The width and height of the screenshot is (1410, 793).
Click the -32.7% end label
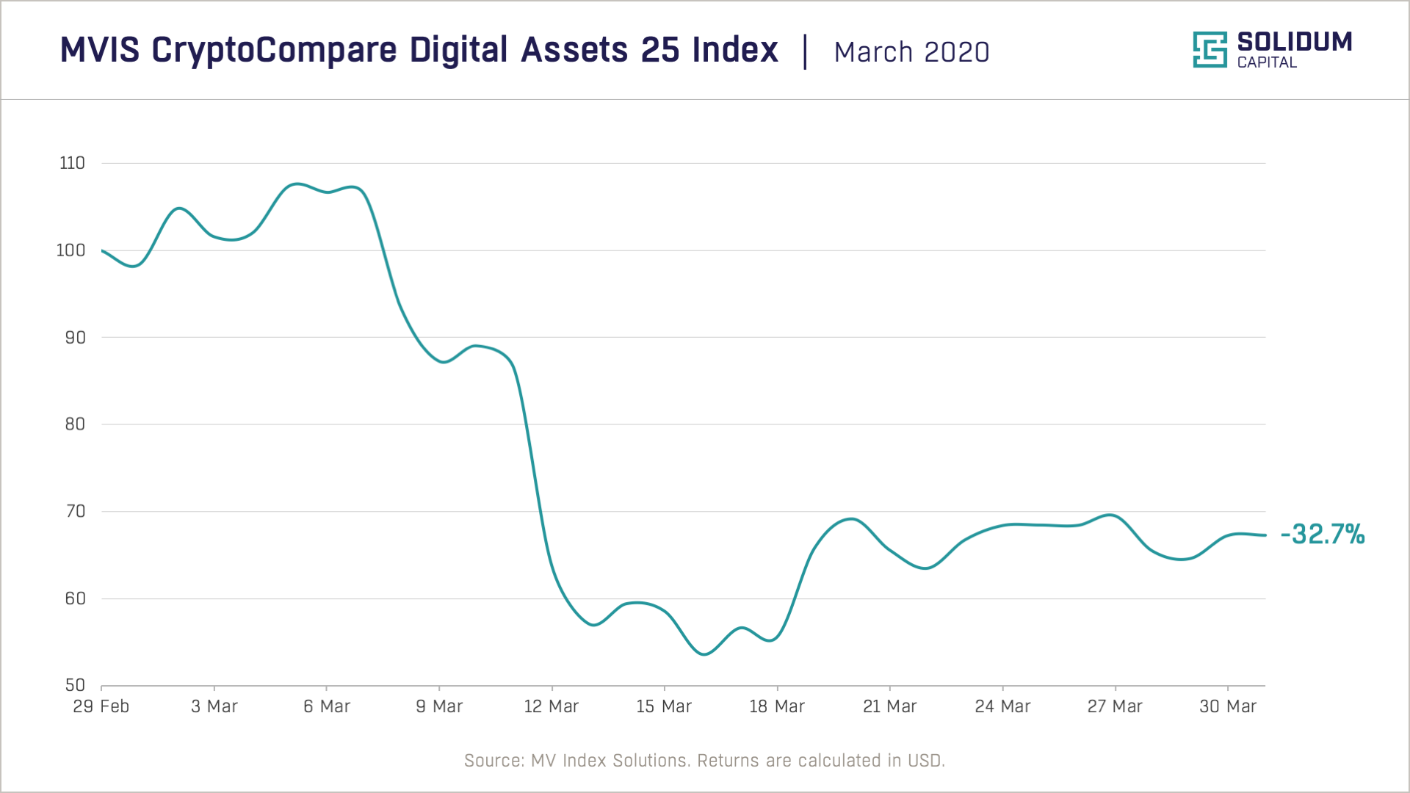tap(1322, 534)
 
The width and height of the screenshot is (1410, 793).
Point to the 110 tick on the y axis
tap(72, 163)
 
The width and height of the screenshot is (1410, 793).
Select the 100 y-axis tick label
tap(70, 250)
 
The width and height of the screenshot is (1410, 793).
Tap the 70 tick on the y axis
tap(75, 511)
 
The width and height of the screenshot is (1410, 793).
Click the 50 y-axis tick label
tap(75, 685)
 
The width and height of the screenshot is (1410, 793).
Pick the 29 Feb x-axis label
tap(101, 706)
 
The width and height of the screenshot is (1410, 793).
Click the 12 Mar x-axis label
tap(551, 706)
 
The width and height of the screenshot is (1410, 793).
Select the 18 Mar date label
tap(776, 706)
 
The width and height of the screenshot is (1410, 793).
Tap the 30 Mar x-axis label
tap(1227, 706)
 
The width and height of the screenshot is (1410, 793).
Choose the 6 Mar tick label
tap(326, 706)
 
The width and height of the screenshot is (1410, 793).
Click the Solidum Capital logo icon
tap(1210, 49)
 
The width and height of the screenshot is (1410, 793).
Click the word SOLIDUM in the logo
tap(1294, 42)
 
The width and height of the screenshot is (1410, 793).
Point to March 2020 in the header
tap(911, 52)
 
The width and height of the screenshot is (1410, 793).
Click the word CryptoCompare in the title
tap(275, 50)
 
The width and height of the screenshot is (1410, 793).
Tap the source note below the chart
tap(704, 760)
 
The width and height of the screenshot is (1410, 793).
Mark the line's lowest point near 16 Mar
tap(704, 654)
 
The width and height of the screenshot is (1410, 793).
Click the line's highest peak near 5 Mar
tap(295, 184)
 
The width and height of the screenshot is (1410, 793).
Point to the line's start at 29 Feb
tap(102, 250)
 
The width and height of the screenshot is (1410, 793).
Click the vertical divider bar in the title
tap(806, 51)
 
